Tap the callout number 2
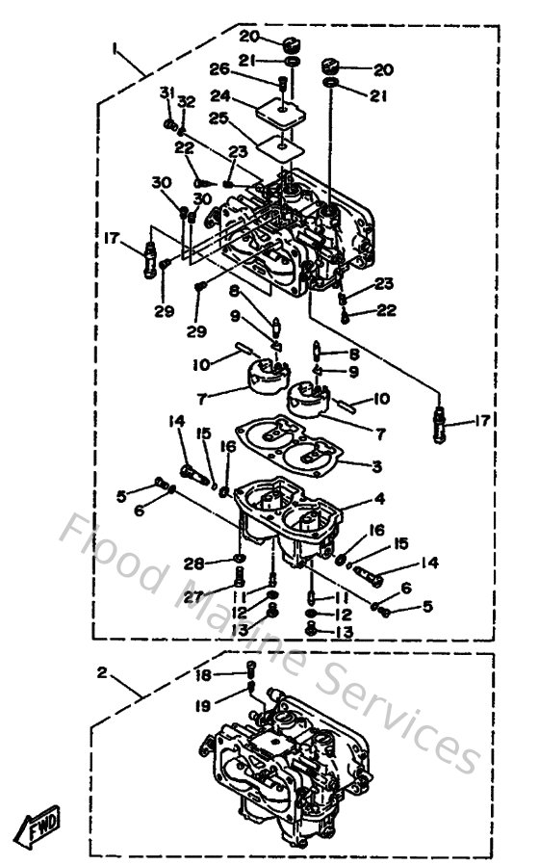(103, 672)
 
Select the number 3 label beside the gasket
(377, 465)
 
